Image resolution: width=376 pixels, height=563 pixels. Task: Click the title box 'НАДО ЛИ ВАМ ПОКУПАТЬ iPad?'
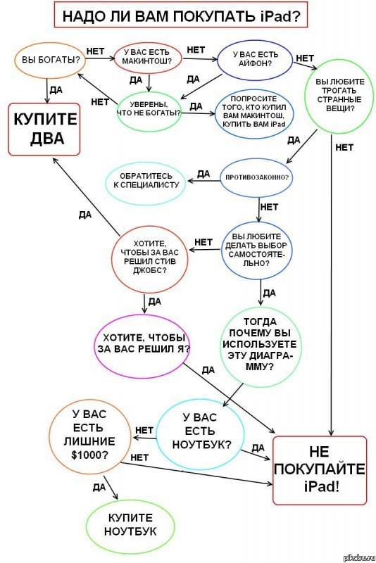(181, 15)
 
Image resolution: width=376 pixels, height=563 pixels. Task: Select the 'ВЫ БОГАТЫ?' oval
(50, 61)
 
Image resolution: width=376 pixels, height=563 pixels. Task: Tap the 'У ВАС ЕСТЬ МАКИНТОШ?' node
(148, 58)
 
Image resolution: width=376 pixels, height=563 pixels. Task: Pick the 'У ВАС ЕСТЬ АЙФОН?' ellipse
(255, 59)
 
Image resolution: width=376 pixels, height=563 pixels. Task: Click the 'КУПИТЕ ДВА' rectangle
(44, 129)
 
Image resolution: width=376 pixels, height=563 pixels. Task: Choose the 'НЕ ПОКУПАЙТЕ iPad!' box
(320, 470)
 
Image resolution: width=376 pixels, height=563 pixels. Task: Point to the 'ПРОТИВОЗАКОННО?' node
(256, 178)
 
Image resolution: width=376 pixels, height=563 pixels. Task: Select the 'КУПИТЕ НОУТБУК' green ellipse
(130, 525)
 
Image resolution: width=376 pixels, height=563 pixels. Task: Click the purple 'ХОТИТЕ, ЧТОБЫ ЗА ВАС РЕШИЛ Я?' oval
(142, 346)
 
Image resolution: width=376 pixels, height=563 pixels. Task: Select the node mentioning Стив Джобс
(150, 257)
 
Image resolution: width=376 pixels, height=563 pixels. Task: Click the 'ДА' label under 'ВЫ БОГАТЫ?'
(56, 90)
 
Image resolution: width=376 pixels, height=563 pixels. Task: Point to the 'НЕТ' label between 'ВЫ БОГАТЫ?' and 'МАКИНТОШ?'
(96, 51)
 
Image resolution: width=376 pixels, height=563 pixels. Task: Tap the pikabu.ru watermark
(360, 557)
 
